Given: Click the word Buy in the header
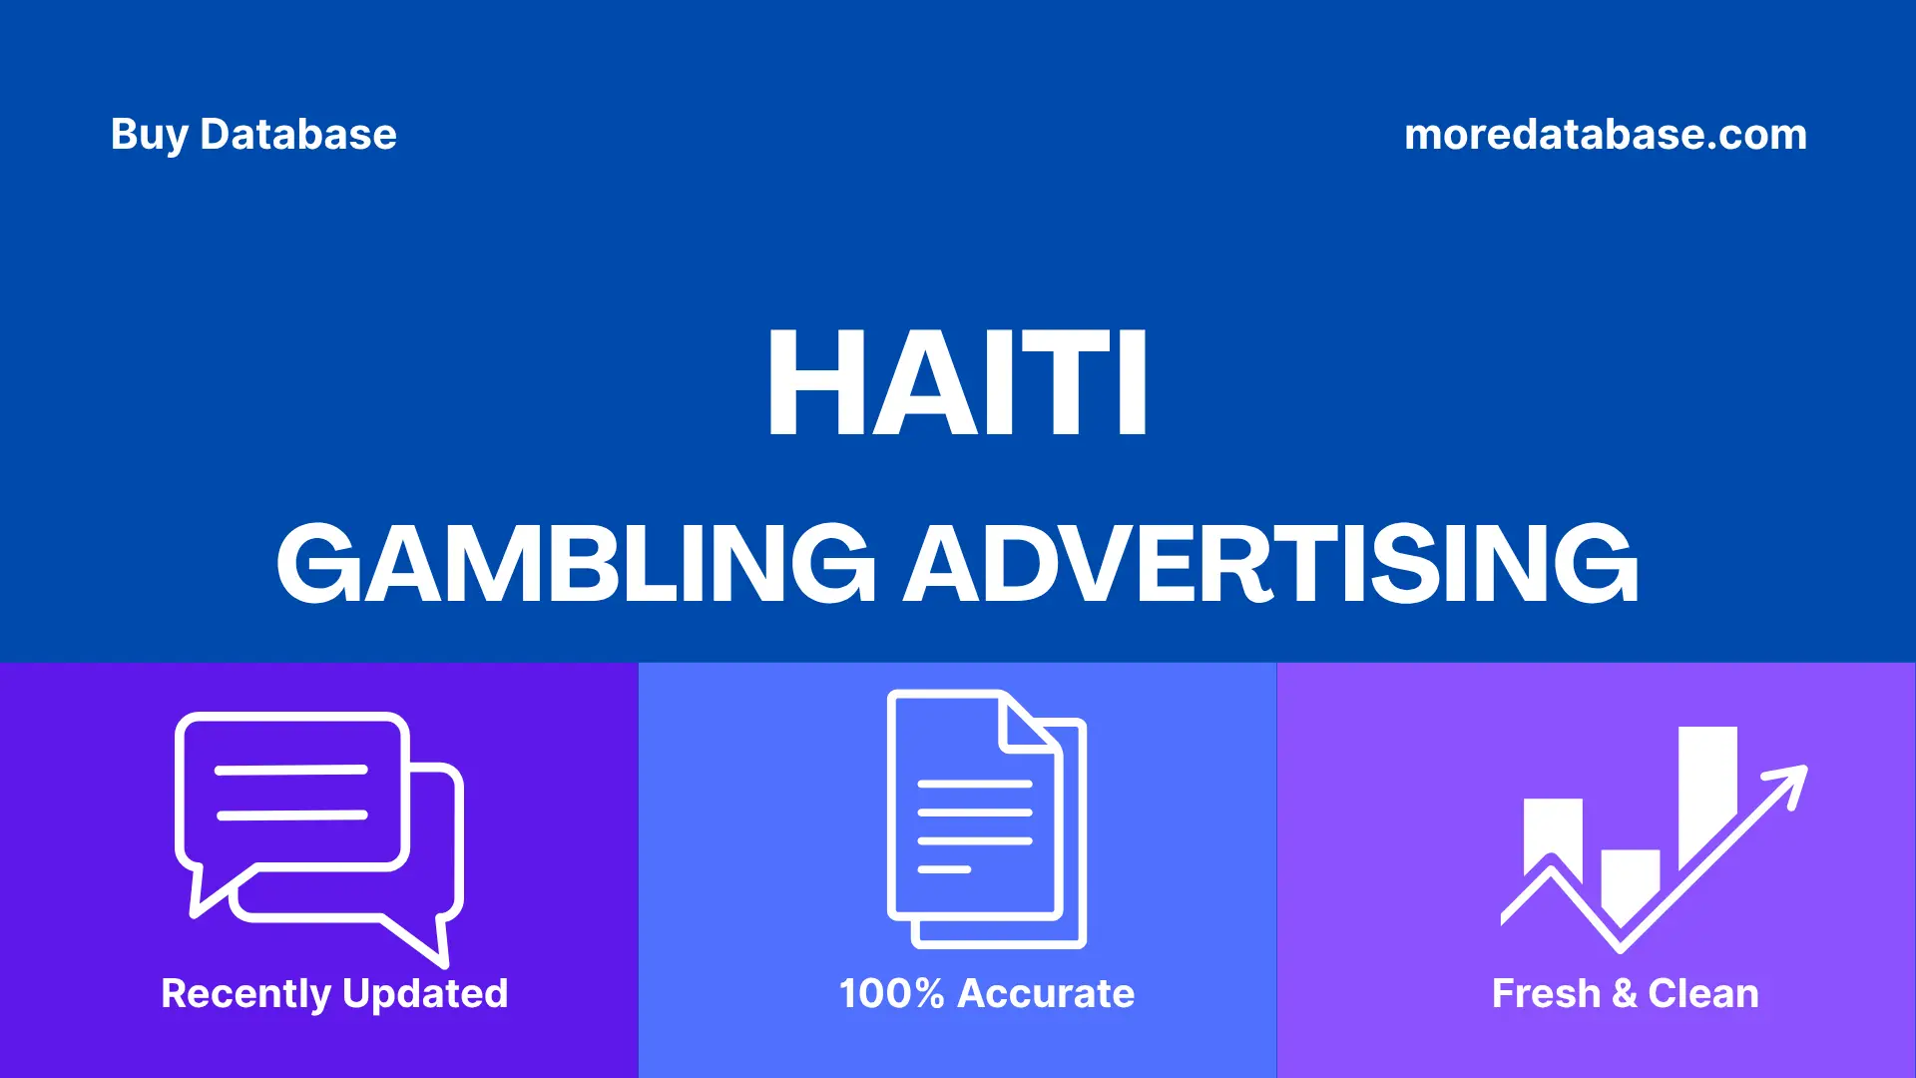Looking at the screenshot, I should [x=149, y=135].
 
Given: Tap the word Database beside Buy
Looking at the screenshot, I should [x=297, y=135].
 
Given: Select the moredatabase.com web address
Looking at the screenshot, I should [x=1605, y=135].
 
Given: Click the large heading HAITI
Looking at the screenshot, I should [x=957, y=384].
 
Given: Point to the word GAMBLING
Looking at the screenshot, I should [x=576, y=564].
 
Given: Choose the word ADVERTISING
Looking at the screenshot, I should [x=1270, y=564].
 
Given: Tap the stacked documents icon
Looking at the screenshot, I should [x=985, y=818].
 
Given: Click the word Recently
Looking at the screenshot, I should [x=245, y=994].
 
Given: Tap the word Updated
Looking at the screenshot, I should [x=425, y=994].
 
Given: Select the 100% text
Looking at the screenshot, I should [x=891, y=994].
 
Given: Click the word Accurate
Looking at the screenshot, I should [x=1046, y=994].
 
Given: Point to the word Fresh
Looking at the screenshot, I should [x=1546, y=994].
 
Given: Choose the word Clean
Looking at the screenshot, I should [x=1702, y=994].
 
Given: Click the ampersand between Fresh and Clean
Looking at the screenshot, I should [x=1625, y=994].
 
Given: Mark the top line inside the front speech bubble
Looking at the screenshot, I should [x=291, y=770].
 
